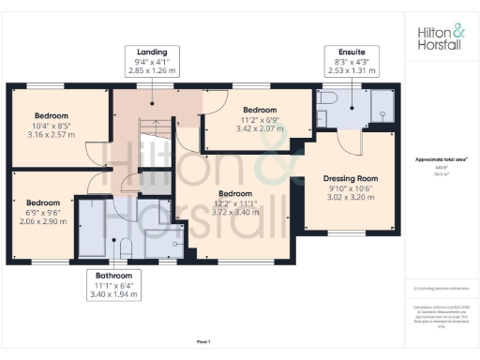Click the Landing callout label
(x=151, y=52)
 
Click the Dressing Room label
(x=350, y=177)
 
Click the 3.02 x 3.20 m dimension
(x=350, y=200)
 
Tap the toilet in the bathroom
(x=125, y=247)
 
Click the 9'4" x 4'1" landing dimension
(x=151, y=64)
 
